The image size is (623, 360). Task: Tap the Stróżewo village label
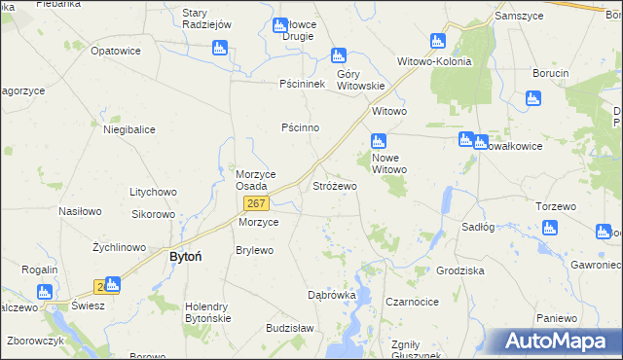335,185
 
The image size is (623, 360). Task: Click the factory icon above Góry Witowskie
338,55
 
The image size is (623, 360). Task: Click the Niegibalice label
129,128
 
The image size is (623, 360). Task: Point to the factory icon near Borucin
531,98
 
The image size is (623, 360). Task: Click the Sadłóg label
478,226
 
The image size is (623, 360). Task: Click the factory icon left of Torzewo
549,229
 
